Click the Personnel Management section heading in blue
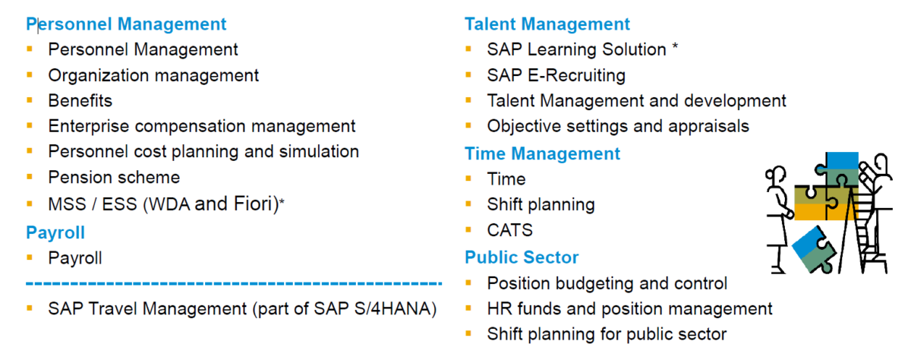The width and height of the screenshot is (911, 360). coord(126,24)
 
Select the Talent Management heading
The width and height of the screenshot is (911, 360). coord(547,24)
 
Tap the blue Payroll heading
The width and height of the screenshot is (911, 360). coord(55,232)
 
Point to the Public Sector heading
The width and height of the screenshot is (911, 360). coord(522,257)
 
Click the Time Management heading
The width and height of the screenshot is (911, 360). coord(542,153)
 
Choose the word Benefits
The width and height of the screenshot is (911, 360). coord(80,100)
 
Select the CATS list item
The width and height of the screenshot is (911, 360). coord(509,230)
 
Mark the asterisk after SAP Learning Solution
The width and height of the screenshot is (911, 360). coord(675,49)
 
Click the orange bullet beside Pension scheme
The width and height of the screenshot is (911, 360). coord(30,177)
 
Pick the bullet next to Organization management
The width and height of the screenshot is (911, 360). coord(30,75)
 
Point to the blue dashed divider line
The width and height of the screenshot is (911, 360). coord(234,284)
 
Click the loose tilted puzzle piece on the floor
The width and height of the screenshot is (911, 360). coord(813,248)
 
